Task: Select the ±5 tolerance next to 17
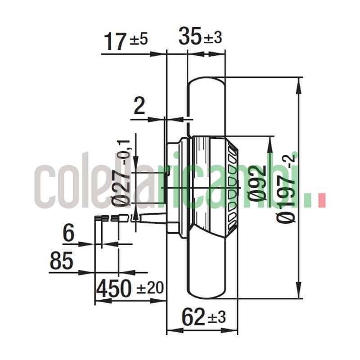click(x=139, y=40)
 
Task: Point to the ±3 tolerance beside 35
click(x=212, y=38)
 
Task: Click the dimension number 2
click(x=139, y=107)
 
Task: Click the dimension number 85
click(x=62, y=261)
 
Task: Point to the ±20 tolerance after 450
click(x=148, y=288)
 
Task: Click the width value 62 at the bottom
click(x=193, y=318)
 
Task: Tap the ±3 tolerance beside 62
click(x=216, y=318)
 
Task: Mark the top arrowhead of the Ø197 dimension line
click(x=298, y=83)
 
